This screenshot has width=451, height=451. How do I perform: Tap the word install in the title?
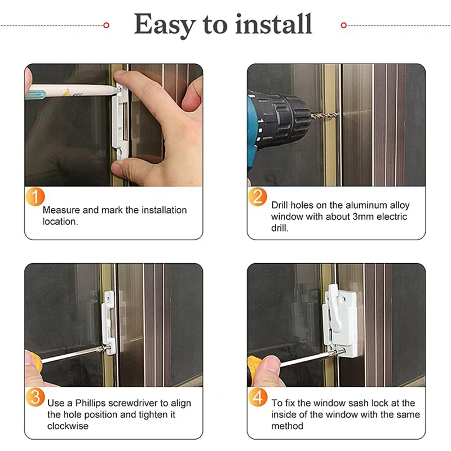point(273,24)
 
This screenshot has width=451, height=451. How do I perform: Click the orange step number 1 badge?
point(35,197)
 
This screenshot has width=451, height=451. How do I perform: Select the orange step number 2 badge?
point(258,197)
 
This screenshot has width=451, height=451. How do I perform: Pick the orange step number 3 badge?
point(35,397)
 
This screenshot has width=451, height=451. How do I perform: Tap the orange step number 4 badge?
point(258,397)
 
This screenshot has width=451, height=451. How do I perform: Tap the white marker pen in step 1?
point(72,91)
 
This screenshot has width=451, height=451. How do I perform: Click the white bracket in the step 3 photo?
point(109,322)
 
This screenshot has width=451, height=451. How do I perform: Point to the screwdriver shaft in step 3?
point(72,354)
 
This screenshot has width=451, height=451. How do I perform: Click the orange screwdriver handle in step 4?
point(253,370)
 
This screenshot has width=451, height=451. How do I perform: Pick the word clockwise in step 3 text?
point(68,426)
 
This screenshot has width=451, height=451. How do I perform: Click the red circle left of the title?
point(106,25)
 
